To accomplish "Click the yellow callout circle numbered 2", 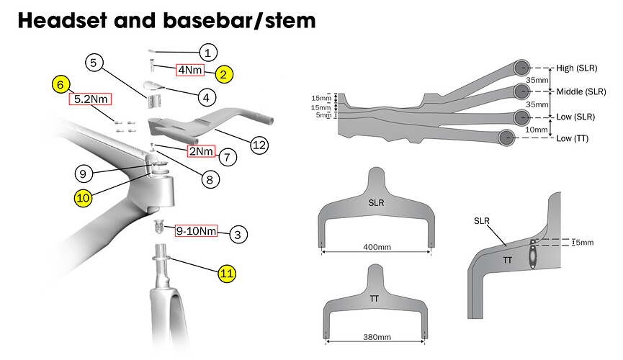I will [x=224, y=73].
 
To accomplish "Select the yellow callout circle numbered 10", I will [x=83, y=197].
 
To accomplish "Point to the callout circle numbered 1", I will [x=207, y=52].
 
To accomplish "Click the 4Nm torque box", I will [x=190, y=71].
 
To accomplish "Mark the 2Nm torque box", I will [x=200, y=151].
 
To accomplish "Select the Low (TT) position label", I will [x=574, y=138].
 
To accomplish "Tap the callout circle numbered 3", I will [x=238, y=234].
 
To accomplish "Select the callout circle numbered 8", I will [x=209, y=179].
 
